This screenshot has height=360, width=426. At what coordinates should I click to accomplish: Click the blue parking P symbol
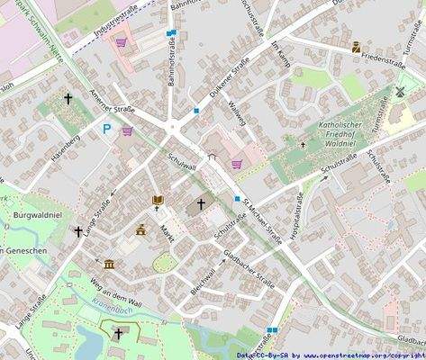pyautogui.click(x=107, y=129)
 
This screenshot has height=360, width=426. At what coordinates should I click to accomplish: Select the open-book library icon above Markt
pyautogui.click(x=158, y=199)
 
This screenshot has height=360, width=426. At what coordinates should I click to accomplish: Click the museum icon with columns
pyautogui.click(x=109, y=264)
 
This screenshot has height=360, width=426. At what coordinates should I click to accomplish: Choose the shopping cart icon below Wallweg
pyautogui.click(x=237, y=164)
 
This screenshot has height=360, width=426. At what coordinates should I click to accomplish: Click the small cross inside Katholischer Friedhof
pyautogui.click(x=303, y=144)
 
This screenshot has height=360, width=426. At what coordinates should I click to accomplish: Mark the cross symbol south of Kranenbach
pyautogui.click(x=117, y=333)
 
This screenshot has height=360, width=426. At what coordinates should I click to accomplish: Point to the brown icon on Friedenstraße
pyautogui.click(x=357, y=46)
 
